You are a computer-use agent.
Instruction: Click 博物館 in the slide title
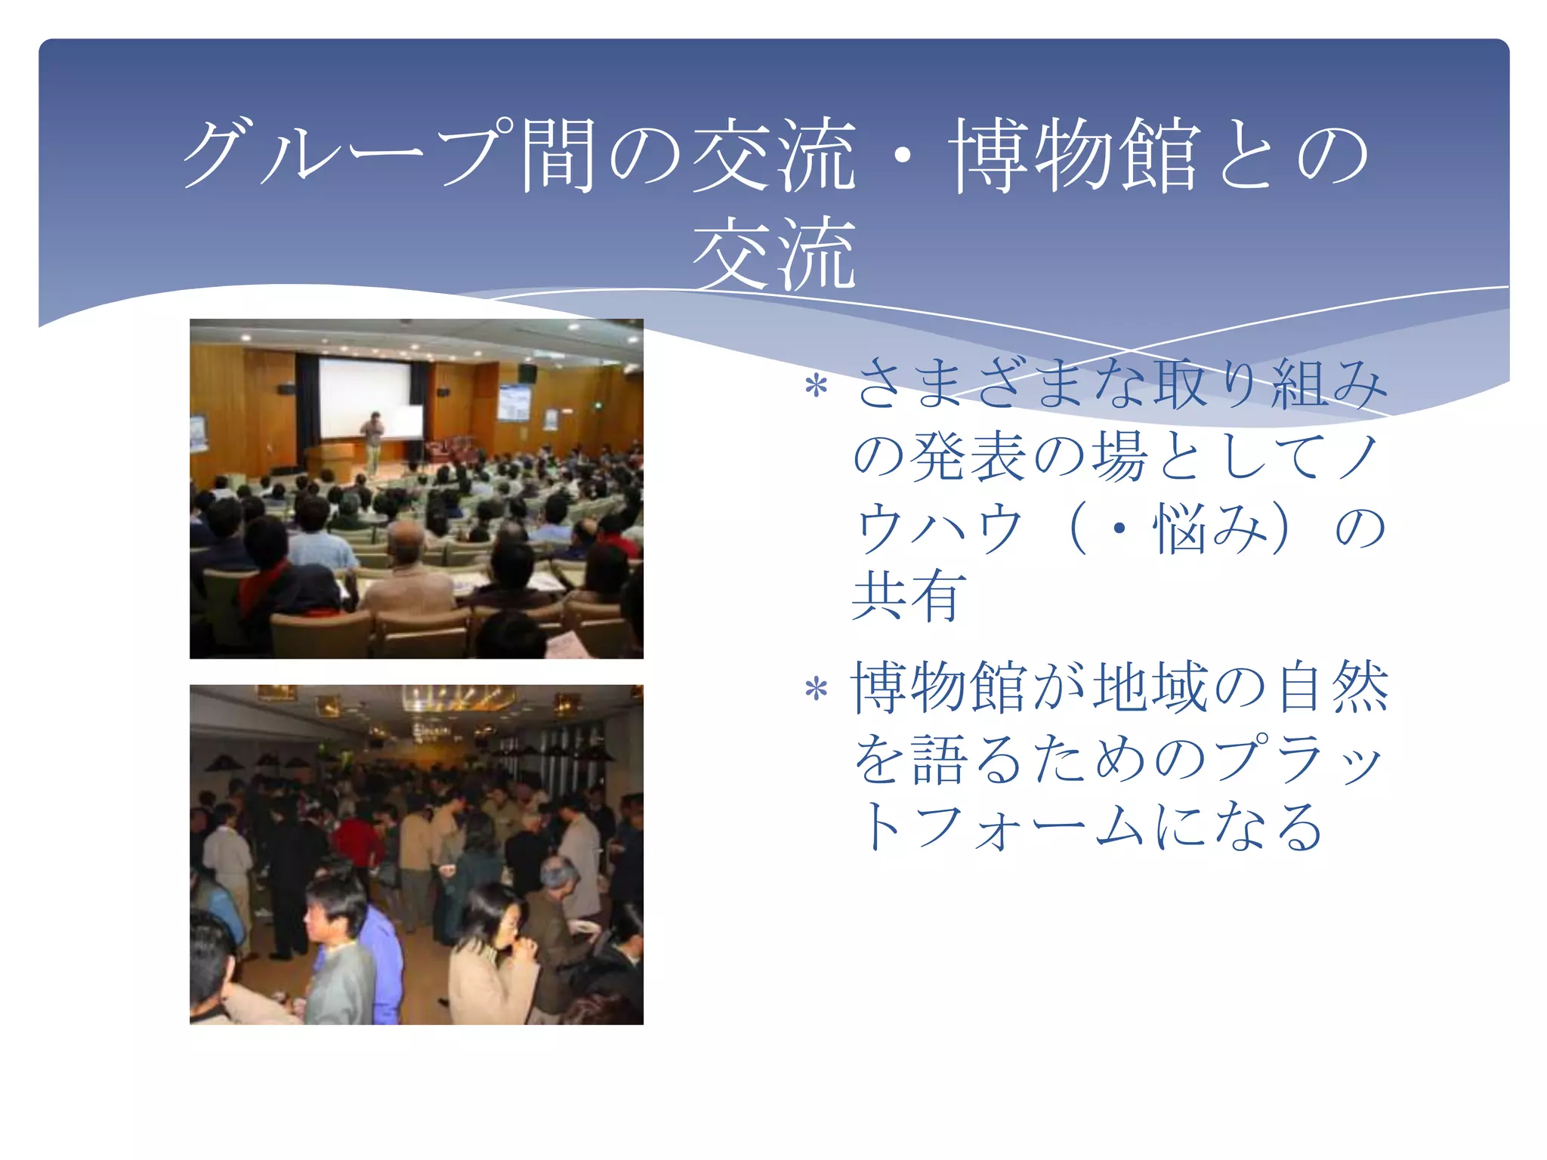pos(1073,155)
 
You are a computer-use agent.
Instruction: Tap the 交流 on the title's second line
pos(774,253)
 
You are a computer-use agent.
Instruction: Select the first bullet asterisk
pos(816,387)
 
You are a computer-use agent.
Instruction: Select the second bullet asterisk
pos(816,690)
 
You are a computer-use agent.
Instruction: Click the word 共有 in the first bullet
pos(909,597)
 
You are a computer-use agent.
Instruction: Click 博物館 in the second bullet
pos(940,687)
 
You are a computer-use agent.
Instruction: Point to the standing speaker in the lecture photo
pos(372,442)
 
